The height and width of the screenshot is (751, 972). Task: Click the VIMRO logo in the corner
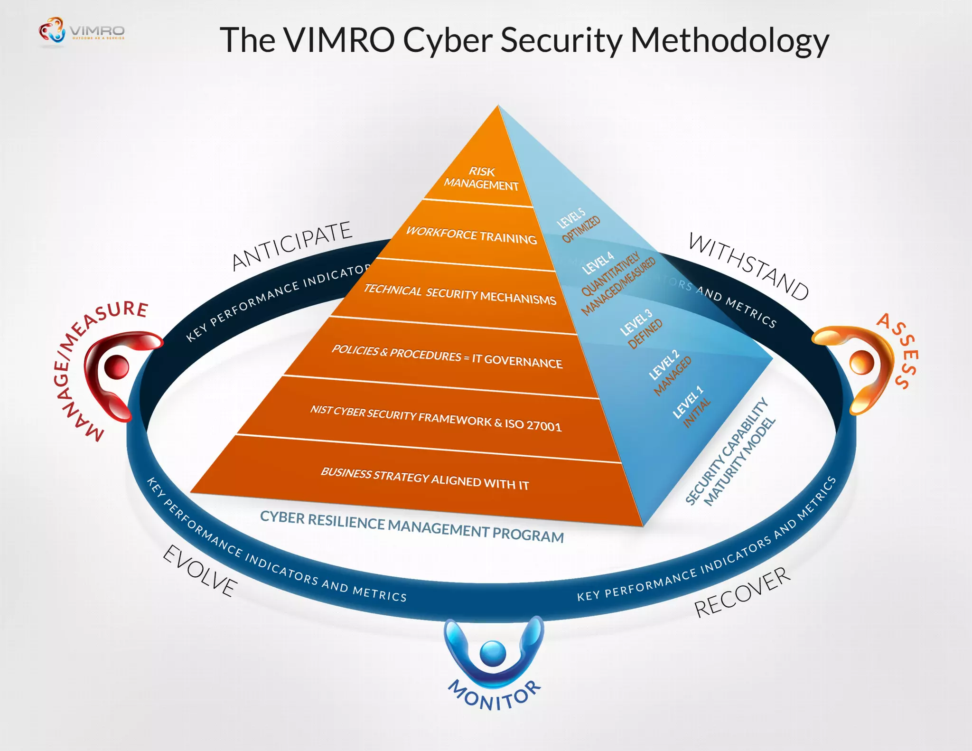[x=81, y=31]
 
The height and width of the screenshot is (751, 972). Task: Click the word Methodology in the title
[x=729, y=41]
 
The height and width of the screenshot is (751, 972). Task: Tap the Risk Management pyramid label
[x=481, y=178]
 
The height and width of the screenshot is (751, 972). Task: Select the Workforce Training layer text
[x=471, y=235]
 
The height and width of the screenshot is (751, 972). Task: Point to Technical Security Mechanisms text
[x=459, y=294]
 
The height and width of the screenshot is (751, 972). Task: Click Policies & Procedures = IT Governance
[x=447, y=356]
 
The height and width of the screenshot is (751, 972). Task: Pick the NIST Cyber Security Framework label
[x=435, y=417]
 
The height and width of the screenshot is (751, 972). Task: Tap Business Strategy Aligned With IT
[x=424, y=479]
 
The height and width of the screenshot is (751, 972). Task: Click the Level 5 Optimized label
[x=578, y=225]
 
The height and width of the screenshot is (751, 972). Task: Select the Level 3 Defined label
[x=641, y=329]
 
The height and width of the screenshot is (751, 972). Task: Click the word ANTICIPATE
[x=291, y=245]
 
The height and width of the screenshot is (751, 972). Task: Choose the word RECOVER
[x=742, y=592]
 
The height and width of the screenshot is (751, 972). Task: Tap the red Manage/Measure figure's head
[x=116, y=366]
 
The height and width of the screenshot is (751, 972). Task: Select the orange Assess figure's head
[x=861, y=363]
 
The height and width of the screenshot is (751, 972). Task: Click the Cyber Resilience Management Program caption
[x=411, y=526]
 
